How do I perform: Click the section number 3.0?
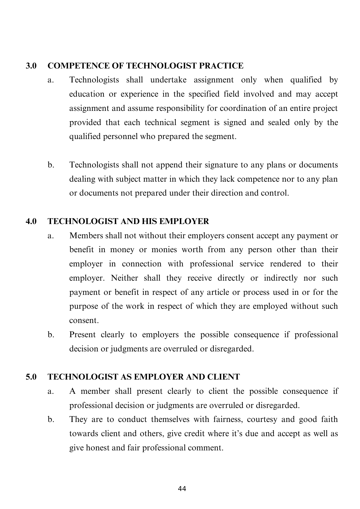pyautogui.click(x=31, y=66)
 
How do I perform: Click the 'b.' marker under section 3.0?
pyautogui.click(x=51, y=165)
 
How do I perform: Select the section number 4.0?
pyautogui.click(x=31, y=221)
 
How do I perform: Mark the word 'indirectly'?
pyautogui.click(x=281, y=278)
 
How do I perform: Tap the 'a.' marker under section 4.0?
pyautogui.click(x=51, y=236)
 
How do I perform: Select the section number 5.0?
pyautogui.click(x=31, y=377)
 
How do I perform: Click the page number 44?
pyautogui.click(x=182, y=489)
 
